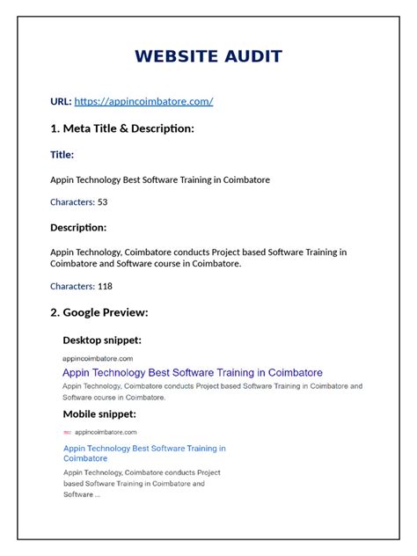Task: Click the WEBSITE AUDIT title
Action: [x=208, y=57]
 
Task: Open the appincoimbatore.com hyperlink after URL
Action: [x=143, y=101]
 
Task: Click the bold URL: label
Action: [x=61, y=101]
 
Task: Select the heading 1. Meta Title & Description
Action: [x=122, y=128]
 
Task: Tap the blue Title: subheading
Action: [x=62, y=155]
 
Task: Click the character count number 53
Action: [x=103, y=202]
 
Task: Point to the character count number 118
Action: [x=106, y=286]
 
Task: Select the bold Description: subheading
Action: [x=78, y=228]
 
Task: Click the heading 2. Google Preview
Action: [x=99, y=312]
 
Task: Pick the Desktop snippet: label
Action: [x=102, y=340]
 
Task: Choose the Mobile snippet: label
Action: [x=99, y=413]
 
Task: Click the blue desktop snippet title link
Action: [x=193, y=372]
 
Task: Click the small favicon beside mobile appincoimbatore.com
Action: [x=68, y=433]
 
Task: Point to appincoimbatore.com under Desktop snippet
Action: [x=98, y=358]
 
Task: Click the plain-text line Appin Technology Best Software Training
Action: [x=160, y=179]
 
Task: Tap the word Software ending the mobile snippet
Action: [x=77, y=494]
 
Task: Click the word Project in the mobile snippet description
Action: [x=205, y=472]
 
